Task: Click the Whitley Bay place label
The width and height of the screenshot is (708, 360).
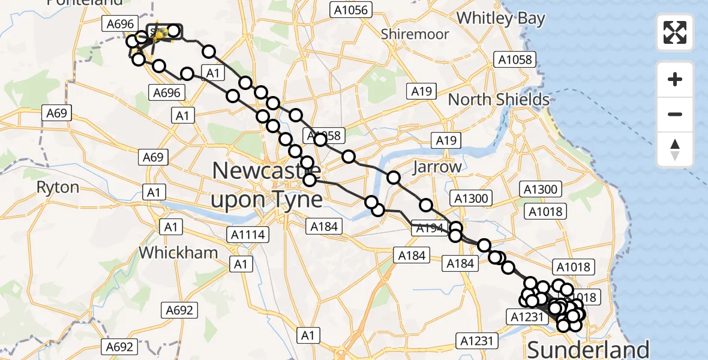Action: pos(500,18)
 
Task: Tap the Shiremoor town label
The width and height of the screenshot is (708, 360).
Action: pos(415,34)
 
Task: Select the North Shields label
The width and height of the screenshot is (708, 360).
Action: pos(499,99)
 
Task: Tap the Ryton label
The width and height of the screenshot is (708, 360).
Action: pos(58,187)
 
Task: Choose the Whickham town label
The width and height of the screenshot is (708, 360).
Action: pos(179,253)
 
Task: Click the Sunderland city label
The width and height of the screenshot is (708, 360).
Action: pos(587,349)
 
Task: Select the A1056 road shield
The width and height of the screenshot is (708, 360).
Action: pos(352,10)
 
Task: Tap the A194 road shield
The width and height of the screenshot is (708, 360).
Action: pos(429,228)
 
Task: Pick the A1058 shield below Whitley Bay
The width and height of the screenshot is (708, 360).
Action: pos(514,59)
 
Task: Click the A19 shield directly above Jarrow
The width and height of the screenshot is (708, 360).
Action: pos(446,141)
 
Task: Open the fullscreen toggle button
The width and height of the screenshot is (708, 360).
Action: pos(675,32)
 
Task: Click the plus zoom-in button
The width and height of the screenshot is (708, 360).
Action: pos(675,80)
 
